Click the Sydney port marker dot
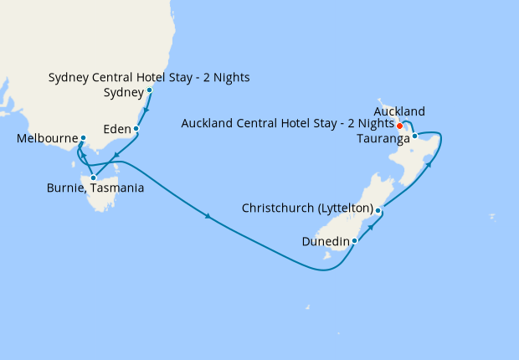click(x=150, y=90)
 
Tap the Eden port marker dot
click(x=136, y=130)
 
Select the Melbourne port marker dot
click(x=83, y=138)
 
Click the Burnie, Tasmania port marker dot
click(x=93, y=177)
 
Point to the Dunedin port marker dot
click(x=355, y=241)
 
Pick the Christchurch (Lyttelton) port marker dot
click(x=378, y=210)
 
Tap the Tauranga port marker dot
click(x=415, y=136)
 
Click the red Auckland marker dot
click(x=400, y=126)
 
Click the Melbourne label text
click(x=47, y=139)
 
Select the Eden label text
click(x=116, y=130)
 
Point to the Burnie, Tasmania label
click(x=95, y=189)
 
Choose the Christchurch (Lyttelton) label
click(x=307, y=208)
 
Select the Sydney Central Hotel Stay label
click(x=149, y=78)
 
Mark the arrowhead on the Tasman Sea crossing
click(x=208, y=219)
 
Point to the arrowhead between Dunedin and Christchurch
click(x=369, y=227)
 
